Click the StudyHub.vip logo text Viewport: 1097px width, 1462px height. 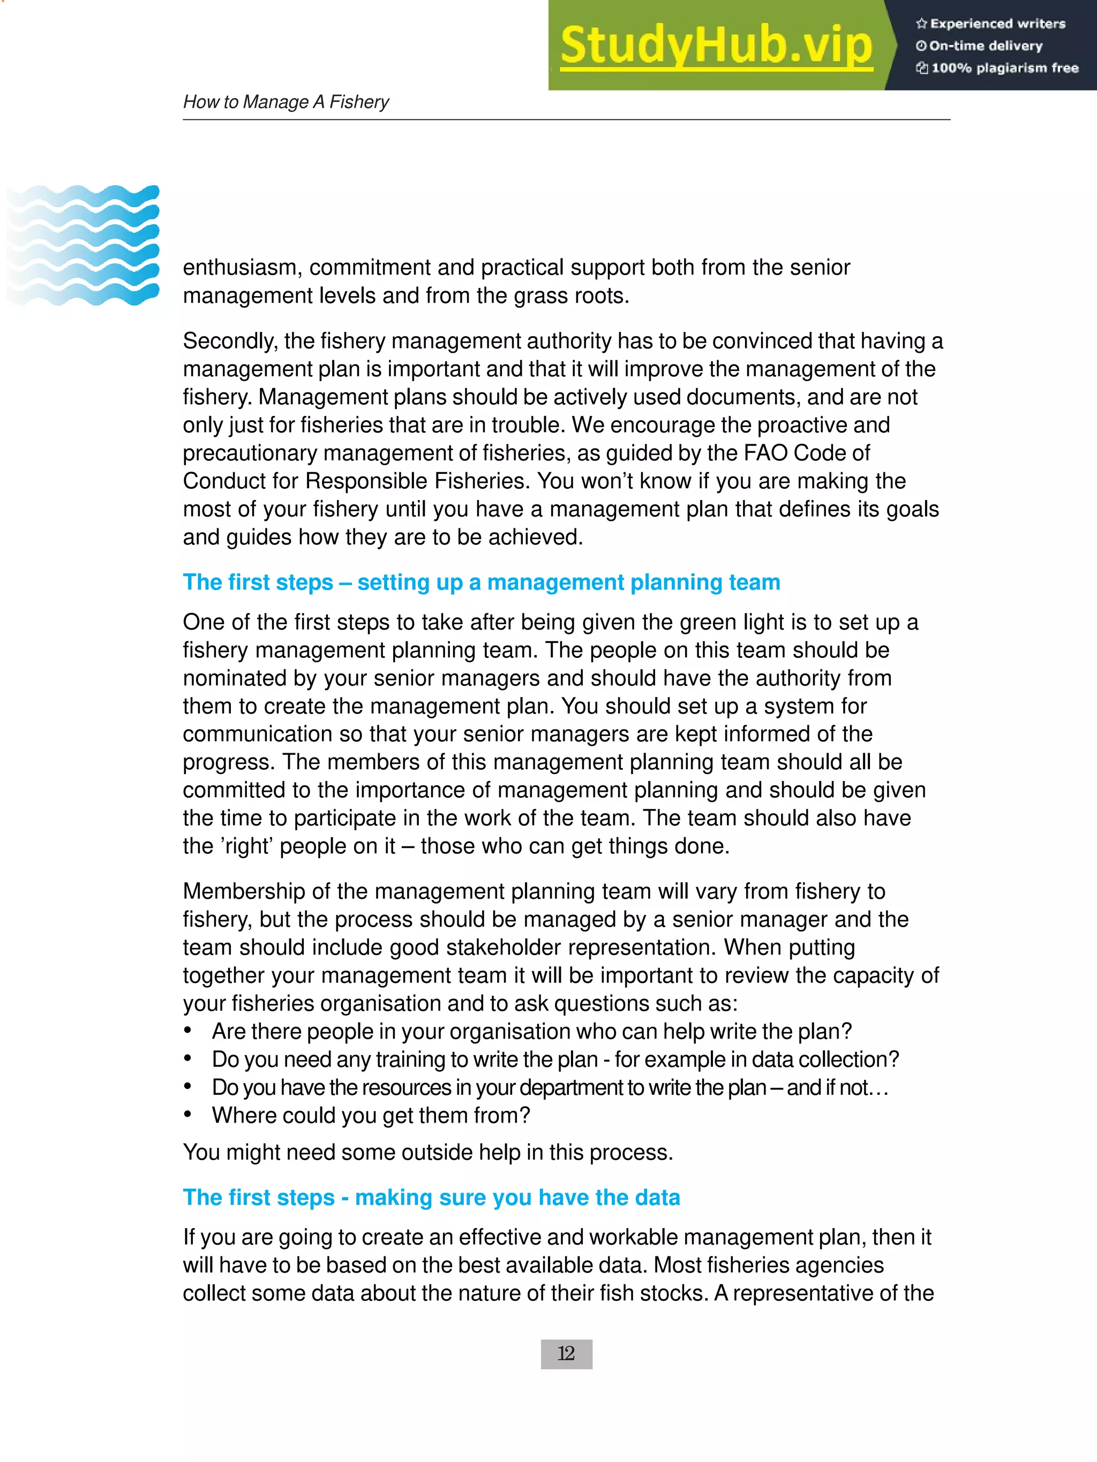pyautogui.click(x=716, y=46)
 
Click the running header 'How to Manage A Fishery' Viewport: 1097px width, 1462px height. pyautogui.click(x=285, y=102)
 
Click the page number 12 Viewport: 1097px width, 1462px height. pyautogui.click(x=566, y=1354)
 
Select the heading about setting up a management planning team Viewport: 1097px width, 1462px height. pyautogui.click(x=482, y=582)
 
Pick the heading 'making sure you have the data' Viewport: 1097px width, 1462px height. pyautogui.click(x=431, y=1197)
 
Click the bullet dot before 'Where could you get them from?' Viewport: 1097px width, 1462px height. pyautogui.click(x=189, y=1115)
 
